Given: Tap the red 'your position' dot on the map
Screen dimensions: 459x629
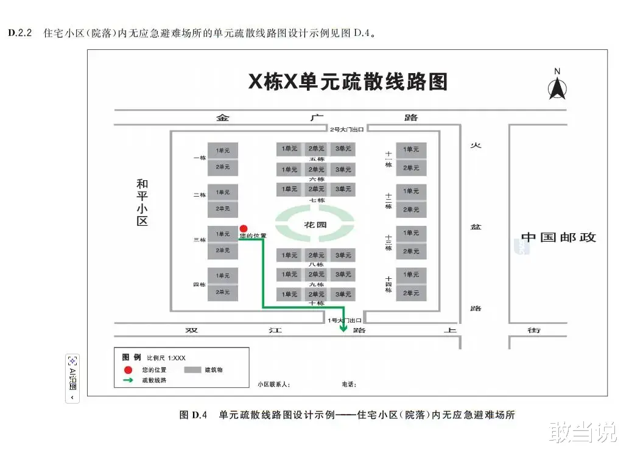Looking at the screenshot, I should (x=244, y=228).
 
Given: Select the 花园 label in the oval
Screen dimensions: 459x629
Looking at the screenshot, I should (x=315, y=225).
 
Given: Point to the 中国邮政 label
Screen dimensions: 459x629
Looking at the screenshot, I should (x=558, y=237).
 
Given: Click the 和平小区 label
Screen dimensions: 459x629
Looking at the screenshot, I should (x=142, y=202).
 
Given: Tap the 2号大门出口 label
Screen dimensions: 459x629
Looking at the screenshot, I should (x=347, y=129).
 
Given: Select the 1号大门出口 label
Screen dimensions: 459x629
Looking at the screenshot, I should (x=345, y=320).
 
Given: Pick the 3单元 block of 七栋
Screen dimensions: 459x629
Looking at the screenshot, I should (x=342, y=189).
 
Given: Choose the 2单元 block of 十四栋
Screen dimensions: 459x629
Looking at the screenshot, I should (x=412, y=293).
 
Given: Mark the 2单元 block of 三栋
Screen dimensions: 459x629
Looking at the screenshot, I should (x=222, y=250).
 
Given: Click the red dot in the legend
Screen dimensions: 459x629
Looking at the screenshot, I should (x=128, y=370).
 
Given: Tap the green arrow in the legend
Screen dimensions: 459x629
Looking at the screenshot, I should (x=128, y=380).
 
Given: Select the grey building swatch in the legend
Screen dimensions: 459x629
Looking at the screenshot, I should (x=192, y=370).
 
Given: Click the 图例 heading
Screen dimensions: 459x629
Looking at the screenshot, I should (x=132, y=357).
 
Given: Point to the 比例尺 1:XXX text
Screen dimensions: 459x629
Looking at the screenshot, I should (x=166, y=358).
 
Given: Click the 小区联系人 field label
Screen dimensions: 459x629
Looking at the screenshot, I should (x=273, y=384).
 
